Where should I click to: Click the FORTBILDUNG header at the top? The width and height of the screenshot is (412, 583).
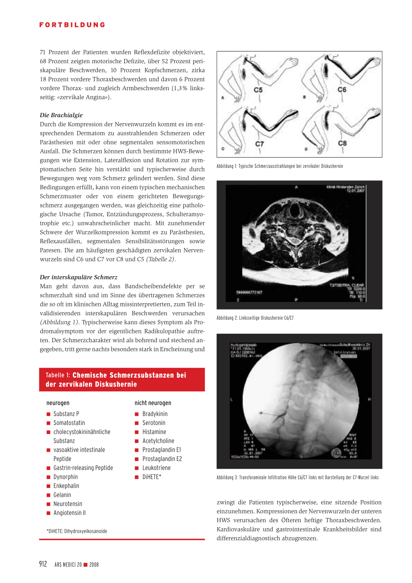click(72, 25)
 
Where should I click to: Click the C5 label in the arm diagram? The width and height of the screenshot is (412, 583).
click(258, 90)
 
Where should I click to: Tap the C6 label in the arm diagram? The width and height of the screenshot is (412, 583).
click(342, 89)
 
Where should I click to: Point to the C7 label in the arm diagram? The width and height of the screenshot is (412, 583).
click(260, 144)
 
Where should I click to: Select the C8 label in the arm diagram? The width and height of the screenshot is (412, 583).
click(342, 143)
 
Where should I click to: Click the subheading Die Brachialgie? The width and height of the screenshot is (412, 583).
click(61, 115)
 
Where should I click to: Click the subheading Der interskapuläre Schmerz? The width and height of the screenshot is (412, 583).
click(78, 277)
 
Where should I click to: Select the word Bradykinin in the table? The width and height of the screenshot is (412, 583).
click(155, 414)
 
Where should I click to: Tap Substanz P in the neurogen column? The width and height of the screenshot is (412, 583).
click(66, 414)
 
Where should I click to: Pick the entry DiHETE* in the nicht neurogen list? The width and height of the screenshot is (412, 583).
click(152, 477)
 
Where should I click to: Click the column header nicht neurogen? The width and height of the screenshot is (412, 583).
click(153, 403)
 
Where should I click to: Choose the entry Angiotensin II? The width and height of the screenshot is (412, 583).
click(70, 513)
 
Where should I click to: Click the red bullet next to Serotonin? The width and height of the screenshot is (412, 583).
click(137, 423)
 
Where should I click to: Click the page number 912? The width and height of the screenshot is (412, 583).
click(43, 564)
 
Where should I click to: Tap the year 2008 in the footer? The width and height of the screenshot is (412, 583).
click(94, 565)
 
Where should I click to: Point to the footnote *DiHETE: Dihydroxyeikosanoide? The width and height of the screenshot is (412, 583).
click(77, 531)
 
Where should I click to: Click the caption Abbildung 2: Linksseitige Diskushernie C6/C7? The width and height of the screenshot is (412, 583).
click(255, 318)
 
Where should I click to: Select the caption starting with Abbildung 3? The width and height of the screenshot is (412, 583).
click(297, 478)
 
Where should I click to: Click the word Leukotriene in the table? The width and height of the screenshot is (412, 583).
click(157, 468)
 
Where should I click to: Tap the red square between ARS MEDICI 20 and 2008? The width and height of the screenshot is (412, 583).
click(85, 565)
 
